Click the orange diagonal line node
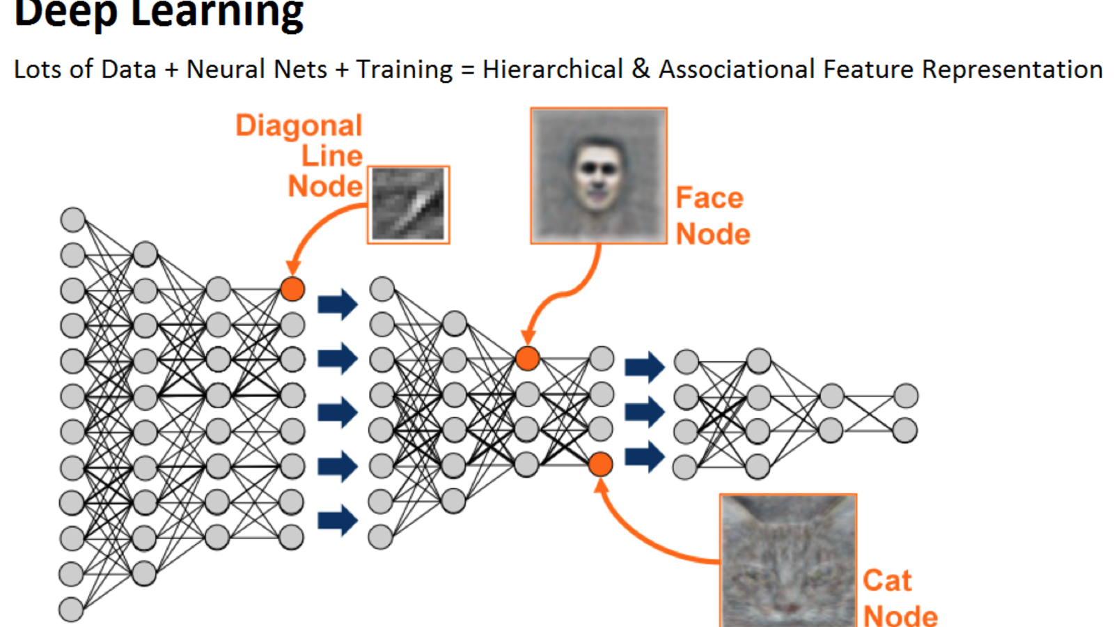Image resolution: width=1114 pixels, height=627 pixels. click(x=292, y=288)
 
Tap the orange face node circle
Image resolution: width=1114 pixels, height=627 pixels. click(x=527, y=358)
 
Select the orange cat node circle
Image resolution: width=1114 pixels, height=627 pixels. click(x=600, y=464)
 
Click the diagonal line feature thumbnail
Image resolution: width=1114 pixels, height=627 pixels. click(x=409, y=205)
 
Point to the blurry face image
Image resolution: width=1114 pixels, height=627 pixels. click(x=599, y=176)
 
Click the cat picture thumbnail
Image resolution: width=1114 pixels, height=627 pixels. click(x=788, y=560)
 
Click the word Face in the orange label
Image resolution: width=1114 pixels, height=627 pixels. click(x=709, y=198)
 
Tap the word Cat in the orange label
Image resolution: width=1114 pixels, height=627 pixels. click(x=887, y=580)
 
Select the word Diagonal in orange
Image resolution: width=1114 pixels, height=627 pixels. click(x=299, y=125)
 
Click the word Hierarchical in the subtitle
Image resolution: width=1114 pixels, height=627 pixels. click(x=552, y=70)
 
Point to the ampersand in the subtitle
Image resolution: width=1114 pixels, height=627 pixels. click(x=641, y=69)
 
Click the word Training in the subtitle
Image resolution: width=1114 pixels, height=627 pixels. click(x=404, y=70)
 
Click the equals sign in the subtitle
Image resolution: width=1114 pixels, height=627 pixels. click(x=467, y=70)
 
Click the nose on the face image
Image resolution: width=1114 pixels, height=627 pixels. click(x=597, y=183)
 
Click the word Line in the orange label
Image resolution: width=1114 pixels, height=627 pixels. click(x=331, y=156)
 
